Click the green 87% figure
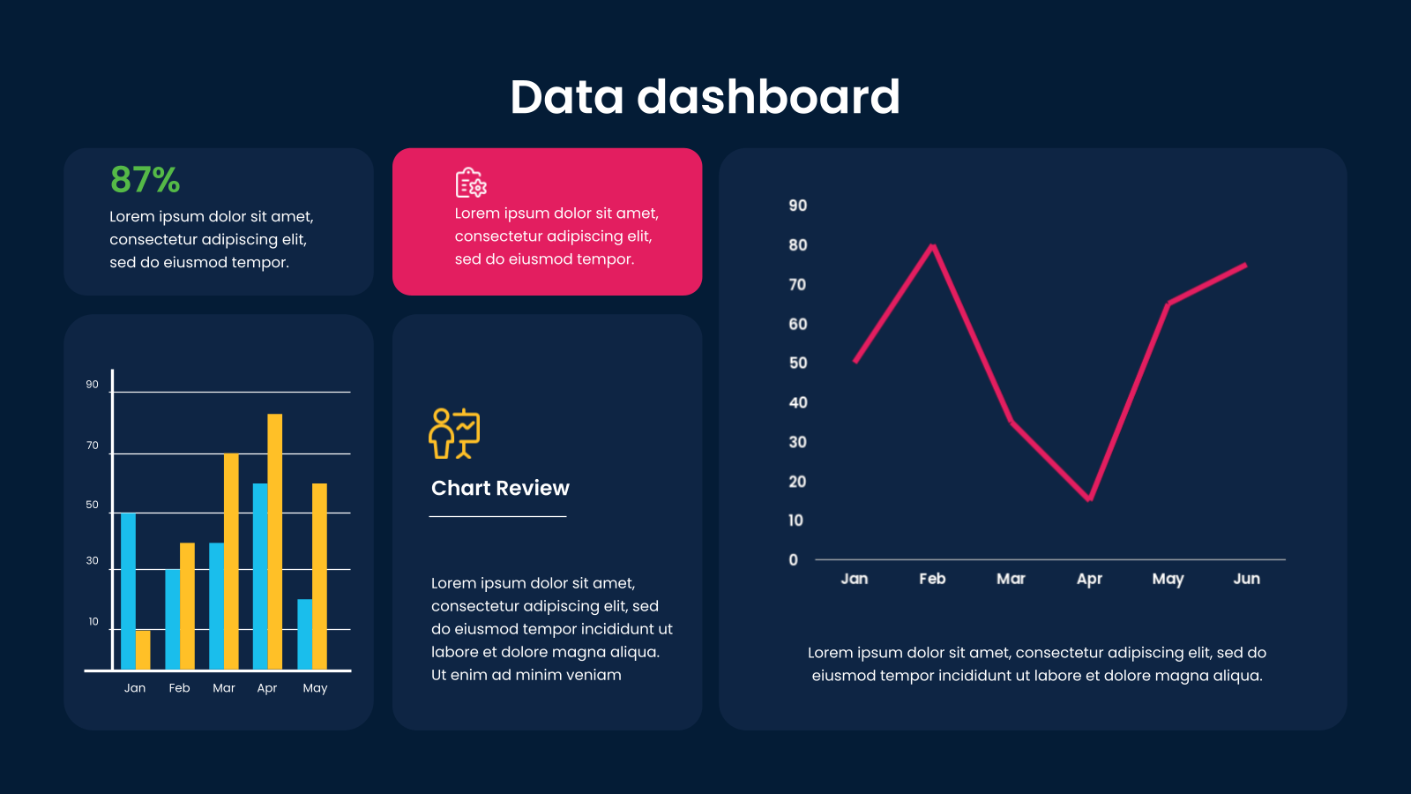[145, 180]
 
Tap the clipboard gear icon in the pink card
[471, 183]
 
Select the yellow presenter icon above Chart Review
[454, 433]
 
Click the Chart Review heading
[500, 488]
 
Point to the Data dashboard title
[705, 97]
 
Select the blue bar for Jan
[128, 591]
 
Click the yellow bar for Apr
[274, 542]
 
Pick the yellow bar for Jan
[143, 649]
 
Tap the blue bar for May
[305, 634]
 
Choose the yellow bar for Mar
[231, 561]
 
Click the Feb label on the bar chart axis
[180, 687]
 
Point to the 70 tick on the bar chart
[93, 446]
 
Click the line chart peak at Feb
[933, 245]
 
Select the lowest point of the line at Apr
[1090, 499]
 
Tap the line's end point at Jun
[1245, 266]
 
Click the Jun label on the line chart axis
[1247, 579]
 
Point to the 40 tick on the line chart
[798, 402]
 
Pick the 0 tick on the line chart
[794, 559]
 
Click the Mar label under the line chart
[1011, 579]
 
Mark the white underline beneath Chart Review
[497, 516]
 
